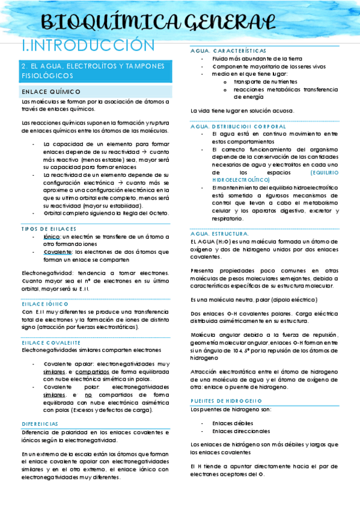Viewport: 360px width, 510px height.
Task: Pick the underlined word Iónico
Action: [52, 237]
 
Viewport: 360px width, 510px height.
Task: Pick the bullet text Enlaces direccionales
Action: [241, 431]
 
